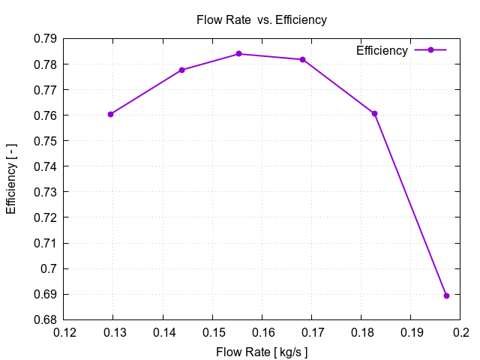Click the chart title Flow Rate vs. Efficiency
point(261,20)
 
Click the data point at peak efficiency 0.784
point(238,54)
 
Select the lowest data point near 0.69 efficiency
point(446,295)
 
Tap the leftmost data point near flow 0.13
point(110,114)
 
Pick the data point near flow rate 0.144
point(181,70)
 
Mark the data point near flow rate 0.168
point(302,59)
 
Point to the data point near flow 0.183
point(374,113)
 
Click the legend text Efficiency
point(382,50)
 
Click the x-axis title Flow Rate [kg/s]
point(262,352)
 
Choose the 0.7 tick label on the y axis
point(50,268)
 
